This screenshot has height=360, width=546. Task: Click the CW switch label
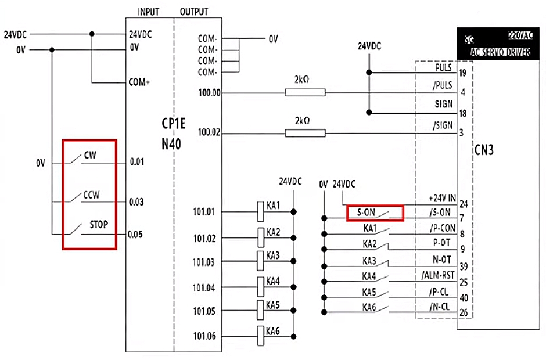click(90, 155)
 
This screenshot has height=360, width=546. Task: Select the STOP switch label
click(98, 224)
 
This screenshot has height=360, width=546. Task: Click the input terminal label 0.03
click(136, 202)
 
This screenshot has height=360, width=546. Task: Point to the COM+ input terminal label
click(139, 82)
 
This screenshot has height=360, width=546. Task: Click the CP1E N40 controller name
click(174, 134)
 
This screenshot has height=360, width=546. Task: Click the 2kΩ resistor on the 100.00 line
click(305, 92)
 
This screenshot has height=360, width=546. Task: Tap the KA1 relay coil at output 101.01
click(261, 212)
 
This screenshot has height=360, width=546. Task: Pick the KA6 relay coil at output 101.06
click(261, 336)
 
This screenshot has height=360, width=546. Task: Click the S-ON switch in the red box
click(375, 213)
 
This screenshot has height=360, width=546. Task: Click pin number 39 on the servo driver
click(463, 267)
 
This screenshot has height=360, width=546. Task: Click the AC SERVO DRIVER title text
click(500, 51)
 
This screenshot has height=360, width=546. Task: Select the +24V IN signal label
click(442, 198)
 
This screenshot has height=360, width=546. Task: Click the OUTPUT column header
click(194, 12)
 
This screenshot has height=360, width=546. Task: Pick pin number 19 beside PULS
click(463, 73)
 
